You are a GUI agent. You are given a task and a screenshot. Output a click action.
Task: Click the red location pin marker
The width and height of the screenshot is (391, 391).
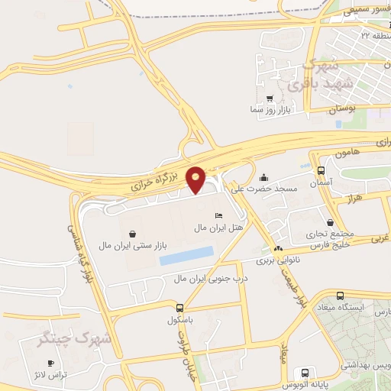pyautogui.click(x=195, y=179)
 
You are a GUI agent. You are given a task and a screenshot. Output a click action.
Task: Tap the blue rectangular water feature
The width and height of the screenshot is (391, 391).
pyautogui.click(x=186, y=256)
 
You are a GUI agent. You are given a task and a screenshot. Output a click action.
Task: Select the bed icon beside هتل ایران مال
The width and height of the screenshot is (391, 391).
pyautogui.click(x=219, y=216)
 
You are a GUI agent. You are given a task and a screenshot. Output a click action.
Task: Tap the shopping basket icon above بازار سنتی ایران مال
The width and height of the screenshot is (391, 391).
pyautogui.click(x=134, y=234)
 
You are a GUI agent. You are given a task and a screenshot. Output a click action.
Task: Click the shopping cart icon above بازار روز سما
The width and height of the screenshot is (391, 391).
pyautogui.click(x=270, y=99)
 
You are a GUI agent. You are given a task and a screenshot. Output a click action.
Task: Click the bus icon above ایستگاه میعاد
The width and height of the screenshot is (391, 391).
pyautogui.click(x=341, y=296)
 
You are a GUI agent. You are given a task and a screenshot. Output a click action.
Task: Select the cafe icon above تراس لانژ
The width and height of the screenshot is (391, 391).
pyautogui.click(x=51, y=363)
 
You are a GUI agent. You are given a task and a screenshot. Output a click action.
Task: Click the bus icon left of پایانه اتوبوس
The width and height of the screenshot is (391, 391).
pyautogui.click(x=305, y=373)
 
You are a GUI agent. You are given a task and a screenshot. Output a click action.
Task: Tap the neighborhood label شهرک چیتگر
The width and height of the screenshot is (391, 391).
pyautogui.click(x=75, y=338)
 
